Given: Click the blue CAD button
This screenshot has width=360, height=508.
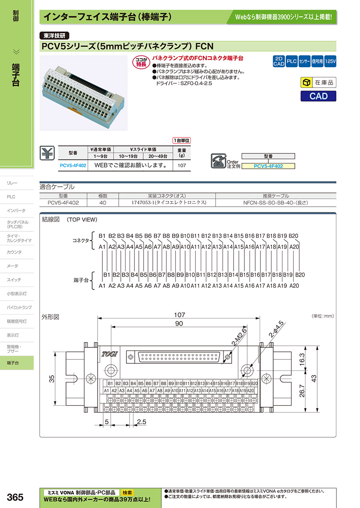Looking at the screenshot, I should coord(318,96).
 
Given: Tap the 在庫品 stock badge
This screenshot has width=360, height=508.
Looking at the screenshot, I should coord(318,83).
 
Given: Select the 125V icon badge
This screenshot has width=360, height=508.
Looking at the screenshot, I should coord(330,62).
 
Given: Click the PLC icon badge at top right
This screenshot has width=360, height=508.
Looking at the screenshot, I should coord(292,62).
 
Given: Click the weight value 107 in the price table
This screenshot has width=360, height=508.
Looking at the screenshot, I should coord(182,165).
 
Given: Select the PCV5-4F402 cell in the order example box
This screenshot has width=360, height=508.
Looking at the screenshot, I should coord(268,166).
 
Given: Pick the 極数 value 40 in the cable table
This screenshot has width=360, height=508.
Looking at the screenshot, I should coord(103,203).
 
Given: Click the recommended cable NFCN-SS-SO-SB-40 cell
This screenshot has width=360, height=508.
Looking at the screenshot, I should coord(276,203).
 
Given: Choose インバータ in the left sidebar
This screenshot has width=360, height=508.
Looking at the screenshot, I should coord(16,211).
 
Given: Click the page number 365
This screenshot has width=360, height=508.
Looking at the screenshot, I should coord(15,498).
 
